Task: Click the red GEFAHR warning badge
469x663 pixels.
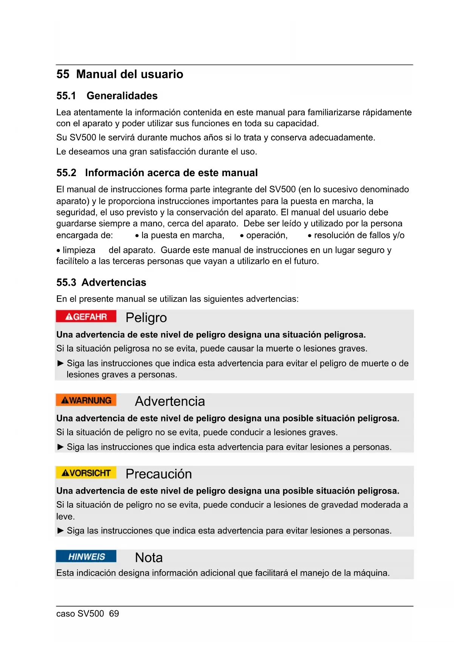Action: [86, 316]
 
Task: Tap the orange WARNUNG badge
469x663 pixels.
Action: [86, 400]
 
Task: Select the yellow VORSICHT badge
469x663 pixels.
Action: [86, 473]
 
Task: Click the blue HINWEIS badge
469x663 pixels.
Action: [86, 556]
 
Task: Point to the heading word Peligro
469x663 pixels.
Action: [146, 318]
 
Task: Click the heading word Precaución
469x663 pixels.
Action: [159, 474]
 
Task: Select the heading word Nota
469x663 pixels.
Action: [149, 558]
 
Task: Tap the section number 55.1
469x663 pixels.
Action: [66, 96]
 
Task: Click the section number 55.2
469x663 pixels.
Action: [66, 173]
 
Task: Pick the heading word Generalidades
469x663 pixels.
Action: [122, 96]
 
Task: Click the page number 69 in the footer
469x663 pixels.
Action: [114, 613]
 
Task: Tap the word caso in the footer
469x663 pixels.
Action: [65, 613]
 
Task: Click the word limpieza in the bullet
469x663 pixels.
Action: [79, 250]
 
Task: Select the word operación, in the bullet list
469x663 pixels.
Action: [267, 235]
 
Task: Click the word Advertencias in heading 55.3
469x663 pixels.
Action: [114, 282]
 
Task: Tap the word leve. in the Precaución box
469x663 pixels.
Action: [65, 516]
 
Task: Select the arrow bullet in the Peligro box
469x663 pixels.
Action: [60, 363]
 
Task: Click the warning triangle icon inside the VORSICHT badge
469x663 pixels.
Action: [65, 473]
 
